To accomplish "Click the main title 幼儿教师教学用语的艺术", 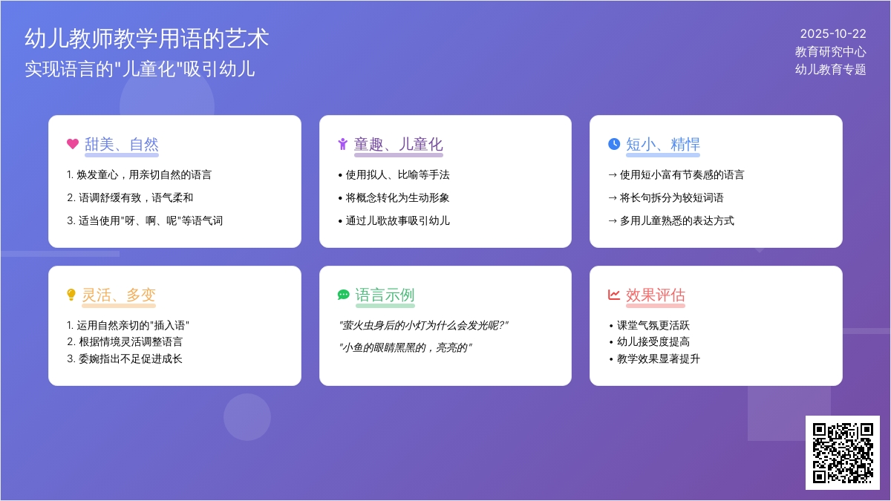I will click(146, 39).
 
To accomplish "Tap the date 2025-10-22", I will click(832, 33).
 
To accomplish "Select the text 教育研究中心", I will click(830, 51).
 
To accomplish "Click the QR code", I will click(842, 452).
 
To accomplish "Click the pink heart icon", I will click(72, 144).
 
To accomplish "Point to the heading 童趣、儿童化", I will click(398, 144).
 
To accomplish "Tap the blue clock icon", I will click(613, 144).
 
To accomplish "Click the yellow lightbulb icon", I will click(71, 295).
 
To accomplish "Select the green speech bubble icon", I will click(343, 295).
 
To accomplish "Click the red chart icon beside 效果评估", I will click(613, 295).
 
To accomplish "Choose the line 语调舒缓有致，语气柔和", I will click(130, 197).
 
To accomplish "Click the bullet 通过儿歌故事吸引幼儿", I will click(397, 220).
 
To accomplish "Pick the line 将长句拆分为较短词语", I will click(671, 197).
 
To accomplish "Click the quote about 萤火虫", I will click(422, 325).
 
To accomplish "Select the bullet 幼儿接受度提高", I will click(653, 341).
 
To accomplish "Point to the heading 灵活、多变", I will click(119, 295).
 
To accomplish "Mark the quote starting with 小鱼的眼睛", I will click(405, 347).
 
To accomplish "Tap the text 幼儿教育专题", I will click(830, 69).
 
